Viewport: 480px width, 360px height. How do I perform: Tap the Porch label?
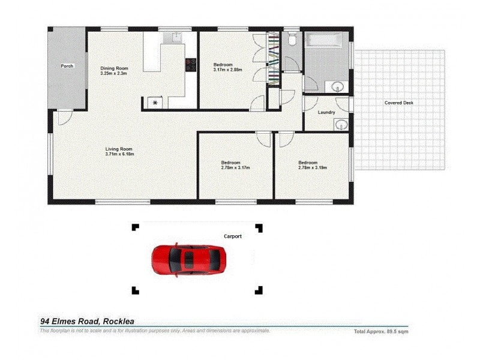(67, 66)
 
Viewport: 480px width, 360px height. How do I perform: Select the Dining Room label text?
(114, 68)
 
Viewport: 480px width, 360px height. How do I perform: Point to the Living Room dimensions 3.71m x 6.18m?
(119, 154)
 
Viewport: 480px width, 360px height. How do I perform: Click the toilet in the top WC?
(292, 40)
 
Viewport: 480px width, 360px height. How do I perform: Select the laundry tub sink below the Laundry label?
(340, 125)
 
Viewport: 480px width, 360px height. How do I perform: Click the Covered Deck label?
(399, 103)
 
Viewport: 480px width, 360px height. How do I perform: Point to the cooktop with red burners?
(191, 64)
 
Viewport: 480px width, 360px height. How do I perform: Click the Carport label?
(233, 236)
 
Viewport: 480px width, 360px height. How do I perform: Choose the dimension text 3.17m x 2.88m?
(227, 70)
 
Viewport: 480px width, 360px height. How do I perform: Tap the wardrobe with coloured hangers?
(274, 59)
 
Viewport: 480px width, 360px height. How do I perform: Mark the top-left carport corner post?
(135, 227)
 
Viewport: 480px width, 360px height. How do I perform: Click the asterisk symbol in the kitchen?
(155, 103)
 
